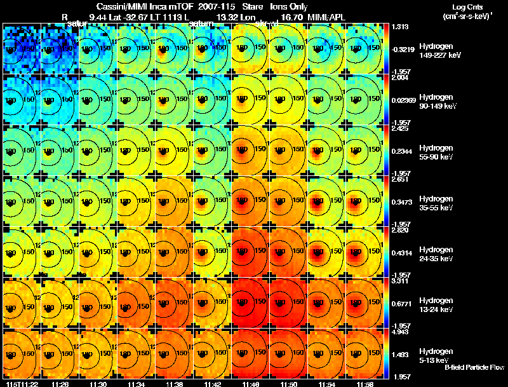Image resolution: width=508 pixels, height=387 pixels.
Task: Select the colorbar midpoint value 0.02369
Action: coord(403,99)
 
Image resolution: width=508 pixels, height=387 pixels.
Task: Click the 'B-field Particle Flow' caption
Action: coord(474,367)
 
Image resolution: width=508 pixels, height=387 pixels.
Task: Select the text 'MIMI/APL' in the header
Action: coord(328,17)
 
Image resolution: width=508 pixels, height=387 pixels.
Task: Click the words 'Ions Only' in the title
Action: coord(289,6)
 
